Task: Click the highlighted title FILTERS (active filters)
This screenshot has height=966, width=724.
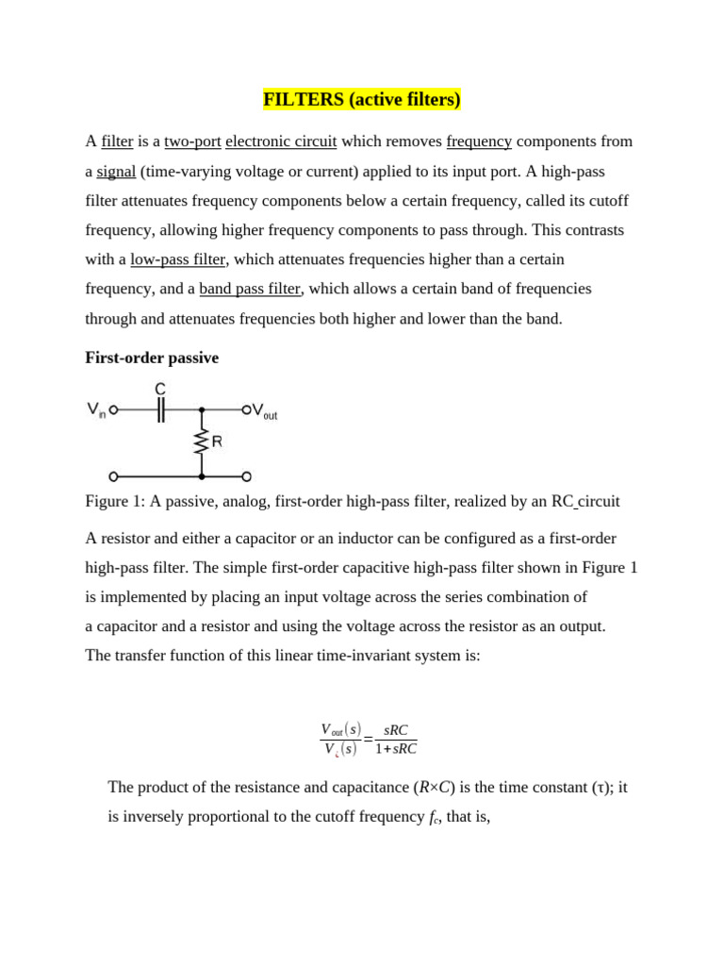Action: pos(361,99)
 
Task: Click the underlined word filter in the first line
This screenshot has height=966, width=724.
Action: pos(117,142)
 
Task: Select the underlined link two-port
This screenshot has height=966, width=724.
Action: pos(192,142)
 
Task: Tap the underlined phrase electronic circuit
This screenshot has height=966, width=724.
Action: pos(281,142)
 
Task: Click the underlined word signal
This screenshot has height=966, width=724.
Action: pos(116,171)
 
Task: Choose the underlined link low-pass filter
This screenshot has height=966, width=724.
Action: pos(178,259)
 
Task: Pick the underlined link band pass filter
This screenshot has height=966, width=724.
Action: pos(250,289)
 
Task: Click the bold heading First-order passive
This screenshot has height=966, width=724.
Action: pos(152,358)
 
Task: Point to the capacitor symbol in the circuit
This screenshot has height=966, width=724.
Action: pos(160,409)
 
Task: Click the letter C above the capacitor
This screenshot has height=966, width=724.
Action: pos(160,389)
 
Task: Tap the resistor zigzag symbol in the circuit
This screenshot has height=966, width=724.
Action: pos(201,441)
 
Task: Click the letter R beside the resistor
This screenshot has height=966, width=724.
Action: pos(217,441)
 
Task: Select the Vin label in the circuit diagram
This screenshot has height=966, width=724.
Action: pos(96,410)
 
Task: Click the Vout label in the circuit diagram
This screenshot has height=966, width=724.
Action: pos(265,411)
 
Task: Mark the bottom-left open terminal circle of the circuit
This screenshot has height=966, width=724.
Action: pos(113,476)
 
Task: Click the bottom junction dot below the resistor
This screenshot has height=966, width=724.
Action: pos(201,476)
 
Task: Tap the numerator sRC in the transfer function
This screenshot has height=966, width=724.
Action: pos(395,730)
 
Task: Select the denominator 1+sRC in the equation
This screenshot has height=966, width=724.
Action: pos(395,749)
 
